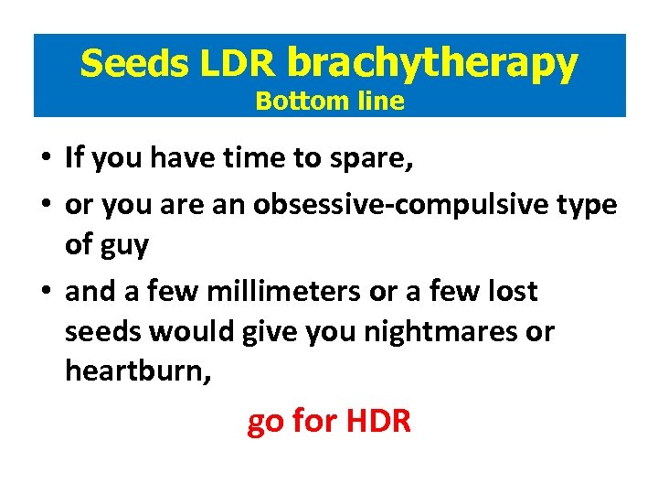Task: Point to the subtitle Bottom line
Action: (x=329, y=101)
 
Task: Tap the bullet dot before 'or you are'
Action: (x=46, y=206)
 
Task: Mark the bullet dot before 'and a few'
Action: (x=46, y=293)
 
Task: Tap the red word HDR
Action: (x=378, y=422)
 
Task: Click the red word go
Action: (x=265, y=424)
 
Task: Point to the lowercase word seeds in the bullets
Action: (x=100, y=332)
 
